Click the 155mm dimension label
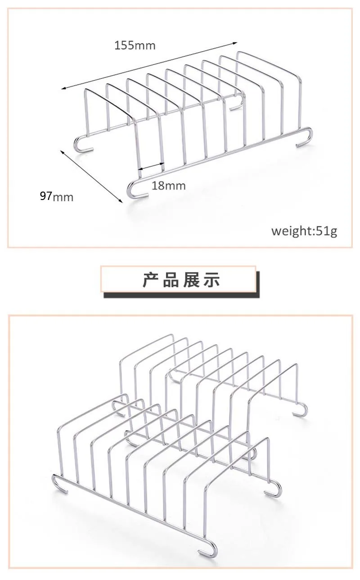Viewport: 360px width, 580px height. click(135, 45)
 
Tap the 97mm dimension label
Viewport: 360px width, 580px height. click(56, 196)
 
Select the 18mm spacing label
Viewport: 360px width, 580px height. click(168, 186)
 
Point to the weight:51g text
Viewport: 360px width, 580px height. click(304, 231)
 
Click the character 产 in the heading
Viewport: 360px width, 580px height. click(151, 280)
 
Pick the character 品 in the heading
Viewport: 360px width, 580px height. click(172, 280)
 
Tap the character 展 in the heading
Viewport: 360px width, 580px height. click(193, 280)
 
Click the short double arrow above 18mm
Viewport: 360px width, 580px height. click(150, 167)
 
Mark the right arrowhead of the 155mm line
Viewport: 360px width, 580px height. click(235, 43)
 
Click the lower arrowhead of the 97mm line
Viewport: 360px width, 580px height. click(120, 200)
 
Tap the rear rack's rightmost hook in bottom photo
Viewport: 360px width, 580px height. click(300, 411)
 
